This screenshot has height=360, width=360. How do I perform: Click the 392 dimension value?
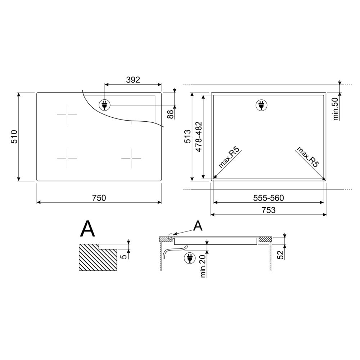point(133,80)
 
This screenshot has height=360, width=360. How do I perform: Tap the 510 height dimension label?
point(14,136)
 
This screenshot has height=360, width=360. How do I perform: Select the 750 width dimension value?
point(99,198)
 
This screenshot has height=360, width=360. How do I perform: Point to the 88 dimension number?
point(170,114)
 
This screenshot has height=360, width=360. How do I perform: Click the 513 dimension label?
point(188,136)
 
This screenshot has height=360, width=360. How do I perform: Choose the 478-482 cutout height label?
point(199,136)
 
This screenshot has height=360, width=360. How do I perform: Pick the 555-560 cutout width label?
point(269,198)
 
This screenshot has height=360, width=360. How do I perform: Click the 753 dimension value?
point(269,210)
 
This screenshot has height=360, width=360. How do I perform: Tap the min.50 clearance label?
point(336,109)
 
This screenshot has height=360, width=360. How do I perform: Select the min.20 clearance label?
point(203,266)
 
